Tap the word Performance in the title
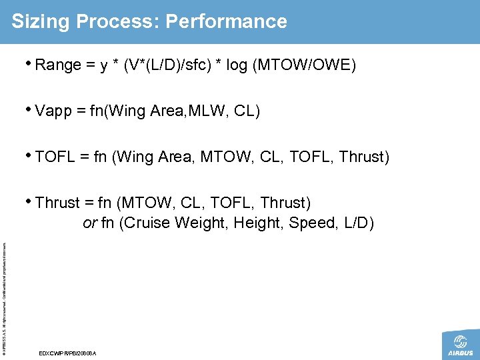pos(227,22)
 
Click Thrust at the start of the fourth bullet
pos(58,203)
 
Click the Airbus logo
pos(459,345)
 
